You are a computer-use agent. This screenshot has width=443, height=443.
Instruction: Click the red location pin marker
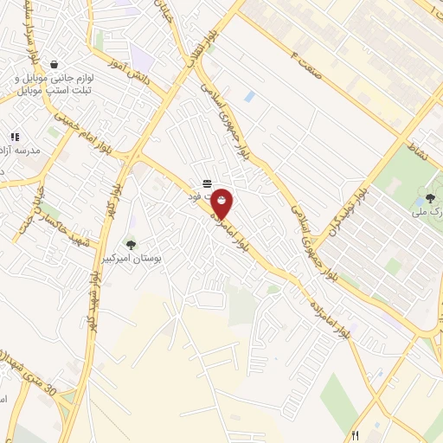click(222, 203)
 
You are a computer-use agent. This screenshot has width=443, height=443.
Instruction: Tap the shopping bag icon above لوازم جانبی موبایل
click(55, 65)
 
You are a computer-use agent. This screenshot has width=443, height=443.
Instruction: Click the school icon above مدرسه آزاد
click(15, 137)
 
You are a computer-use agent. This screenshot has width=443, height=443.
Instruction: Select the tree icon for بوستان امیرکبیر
click(131, 245)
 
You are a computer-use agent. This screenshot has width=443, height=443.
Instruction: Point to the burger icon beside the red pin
click(206, 183)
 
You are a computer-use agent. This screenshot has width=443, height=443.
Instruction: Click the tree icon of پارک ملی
click(429, 198)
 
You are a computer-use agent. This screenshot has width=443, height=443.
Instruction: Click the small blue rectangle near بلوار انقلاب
click(249, 96)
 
